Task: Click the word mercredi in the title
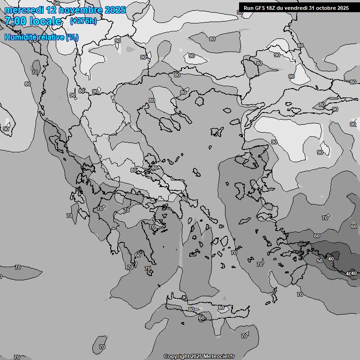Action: click(24, 10)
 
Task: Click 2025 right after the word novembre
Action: click(115, 10)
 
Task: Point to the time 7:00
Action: click(16, 21)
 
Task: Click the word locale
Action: click(45, 21)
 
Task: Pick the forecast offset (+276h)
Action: click(83, 21)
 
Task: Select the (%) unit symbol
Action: click(72, 37)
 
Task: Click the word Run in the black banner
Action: click(248, 8)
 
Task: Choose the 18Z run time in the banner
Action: click(273, 8)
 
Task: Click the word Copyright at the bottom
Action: click(176, 356)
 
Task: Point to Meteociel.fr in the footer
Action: click(218, 356)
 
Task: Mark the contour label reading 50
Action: click(320, 261)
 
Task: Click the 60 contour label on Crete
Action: click(202, 318)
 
